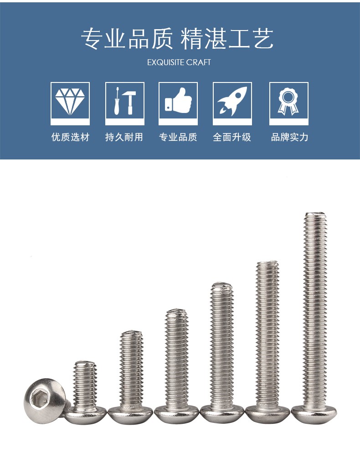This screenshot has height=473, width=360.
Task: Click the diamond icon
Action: tap(70, 101)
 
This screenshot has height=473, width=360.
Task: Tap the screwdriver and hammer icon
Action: tap(124, 101)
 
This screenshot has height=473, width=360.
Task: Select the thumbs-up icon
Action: tap(178, 100)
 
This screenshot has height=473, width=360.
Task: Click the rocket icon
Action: tap(232, 101)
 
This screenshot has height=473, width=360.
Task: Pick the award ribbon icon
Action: tap(288, 101)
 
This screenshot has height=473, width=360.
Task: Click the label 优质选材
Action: tap(70, 137)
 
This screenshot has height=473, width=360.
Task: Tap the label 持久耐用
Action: tap(124, 137)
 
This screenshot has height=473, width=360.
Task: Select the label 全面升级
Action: tap(232, 137)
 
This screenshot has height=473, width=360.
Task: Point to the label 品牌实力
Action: tap(289, 137)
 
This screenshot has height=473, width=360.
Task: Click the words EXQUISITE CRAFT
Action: tap(179, 62)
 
